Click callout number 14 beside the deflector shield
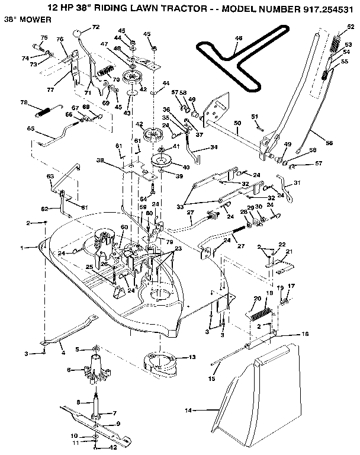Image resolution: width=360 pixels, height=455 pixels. (189, 409)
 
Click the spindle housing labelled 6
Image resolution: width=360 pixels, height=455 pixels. (96, 371)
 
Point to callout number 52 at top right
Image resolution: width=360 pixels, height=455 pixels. (350, 26)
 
